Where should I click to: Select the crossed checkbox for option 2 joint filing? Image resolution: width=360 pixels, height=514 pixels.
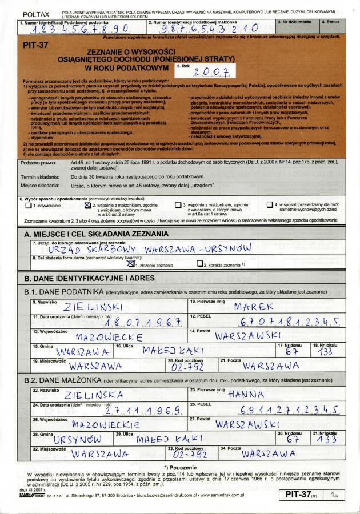point(87,205)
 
